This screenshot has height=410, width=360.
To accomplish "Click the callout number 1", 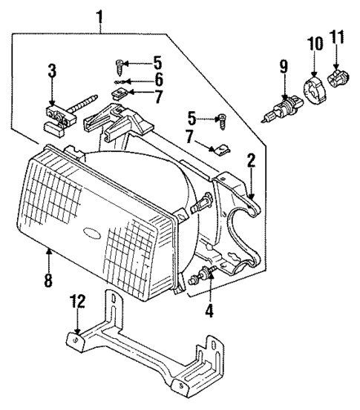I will click(x=100, y=15).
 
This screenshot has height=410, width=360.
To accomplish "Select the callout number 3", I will click(x=51, y=72).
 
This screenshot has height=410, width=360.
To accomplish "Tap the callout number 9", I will click(x=283, y=68).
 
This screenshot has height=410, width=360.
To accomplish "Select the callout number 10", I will click(x=315, y=44).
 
